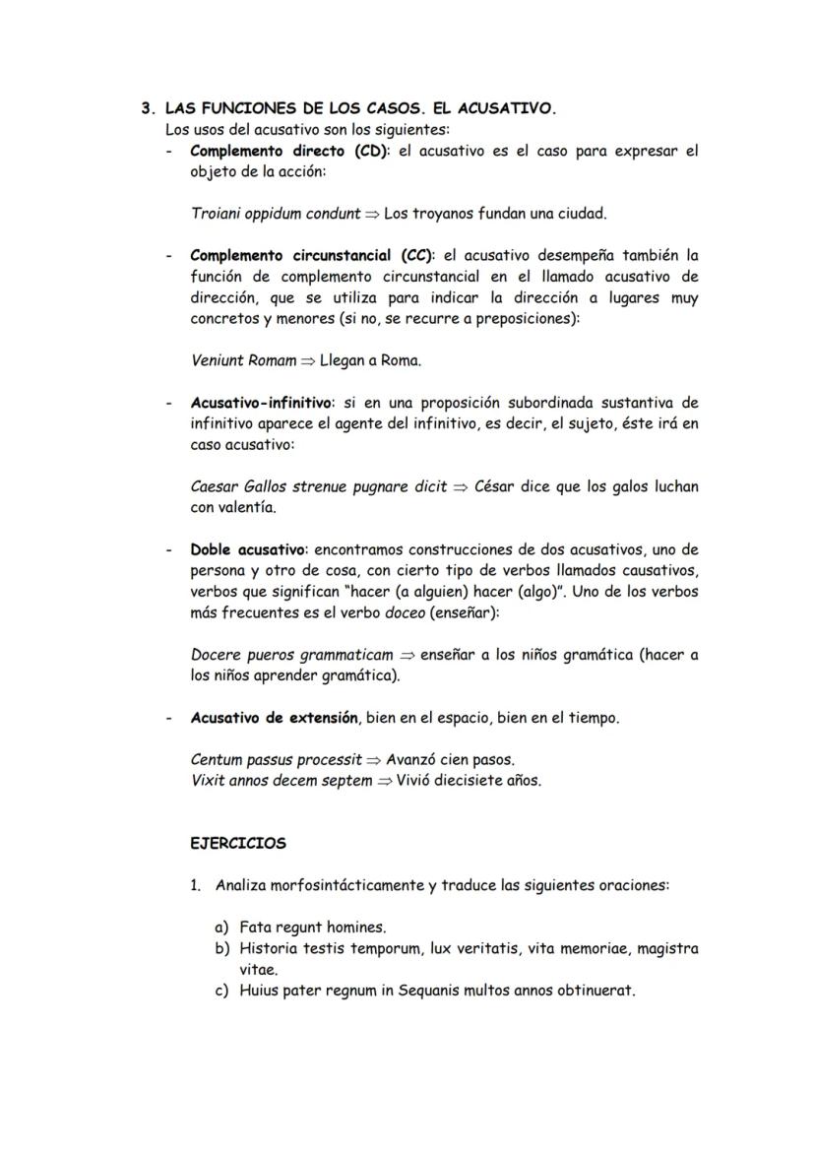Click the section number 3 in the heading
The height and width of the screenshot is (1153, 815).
tap(146, 109)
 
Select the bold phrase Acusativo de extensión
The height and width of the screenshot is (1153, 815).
tap(273, 718)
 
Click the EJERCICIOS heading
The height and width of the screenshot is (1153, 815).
tap(237, 844)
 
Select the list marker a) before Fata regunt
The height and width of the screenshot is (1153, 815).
tap(222, 928)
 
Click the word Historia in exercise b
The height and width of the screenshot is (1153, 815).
tap(269, 949)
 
